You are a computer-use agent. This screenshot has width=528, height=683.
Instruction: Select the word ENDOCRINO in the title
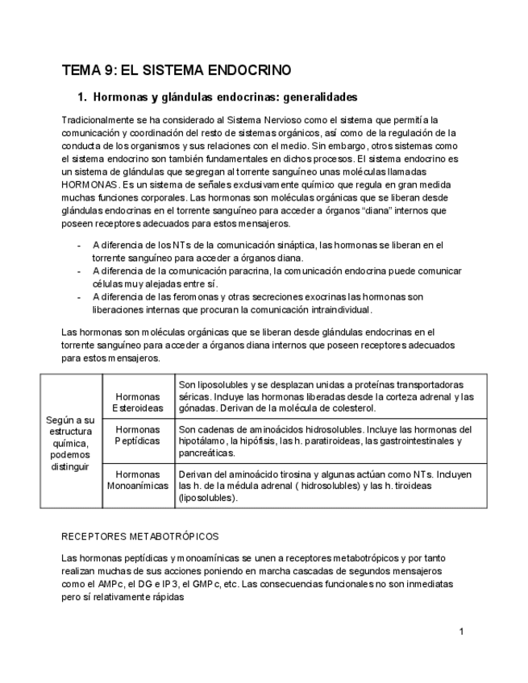(x=250, y=70)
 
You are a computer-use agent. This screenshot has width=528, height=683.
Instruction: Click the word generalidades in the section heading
(x=318, y=97)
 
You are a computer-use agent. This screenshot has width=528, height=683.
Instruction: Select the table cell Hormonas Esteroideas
(x=137, y=403)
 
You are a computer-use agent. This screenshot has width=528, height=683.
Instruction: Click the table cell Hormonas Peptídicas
(x=137, y=436)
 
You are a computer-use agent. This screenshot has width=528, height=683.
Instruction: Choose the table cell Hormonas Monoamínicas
(x=137, y=481)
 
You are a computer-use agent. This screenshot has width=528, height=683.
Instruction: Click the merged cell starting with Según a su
(x=71, y=442)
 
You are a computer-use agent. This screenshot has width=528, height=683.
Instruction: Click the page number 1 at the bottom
(x=461, y=631)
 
